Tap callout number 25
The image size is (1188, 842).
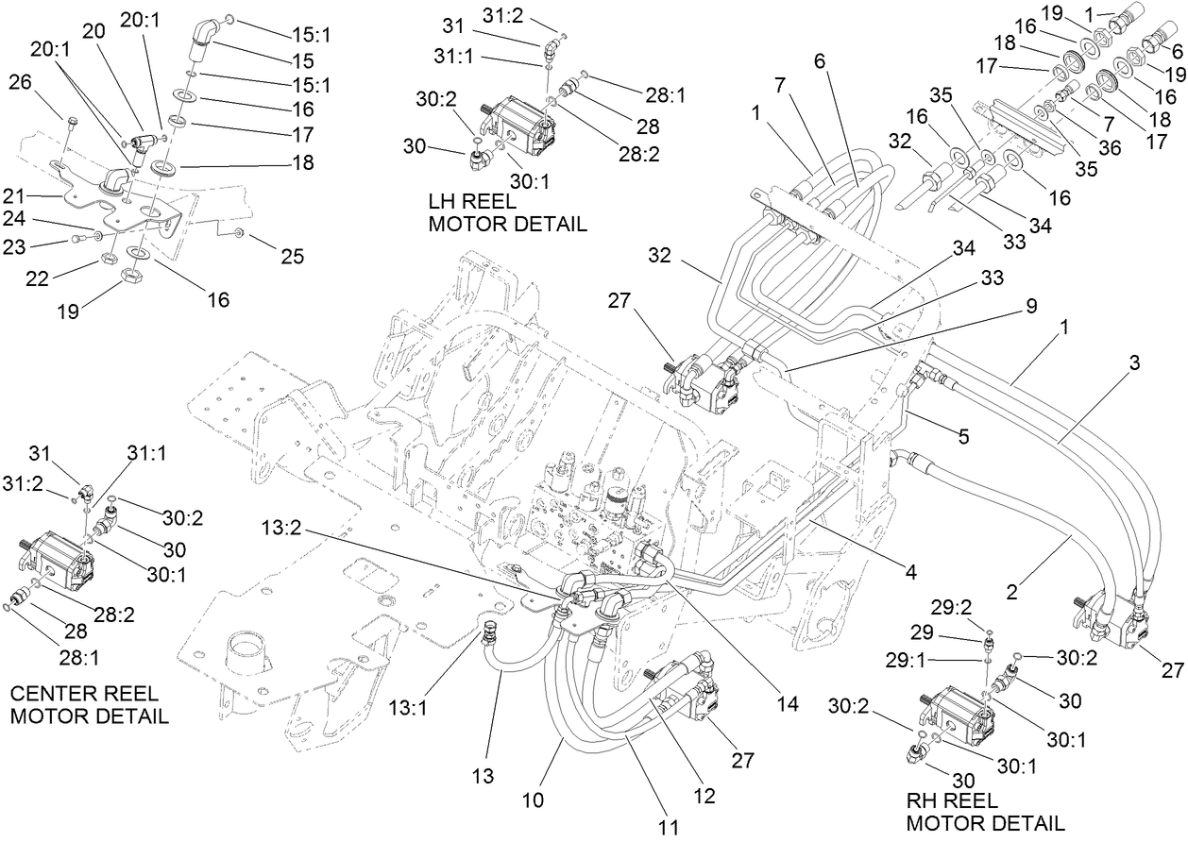(293, 256)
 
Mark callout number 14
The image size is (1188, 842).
(788, 703)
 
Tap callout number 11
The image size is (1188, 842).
(669, 827)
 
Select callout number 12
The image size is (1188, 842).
(704, 795)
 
